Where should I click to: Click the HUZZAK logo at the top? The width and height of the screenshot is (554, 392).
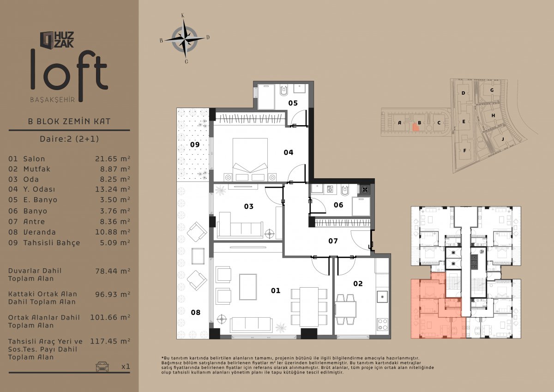pos(57,40)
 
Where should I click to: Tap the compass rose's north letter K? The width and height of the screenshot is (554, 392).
pos(183,16)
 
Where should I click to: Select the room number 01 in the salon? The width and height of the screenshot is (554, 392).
pos(276,290)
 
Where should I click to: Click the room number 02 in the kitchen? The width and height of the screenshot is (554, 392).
pos(358,283)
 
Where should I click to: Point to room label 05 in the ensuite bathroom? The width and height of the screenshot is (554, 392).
pos(293,103)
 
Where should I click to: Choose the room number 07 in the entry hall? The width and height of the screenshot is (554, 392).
pos(333,241)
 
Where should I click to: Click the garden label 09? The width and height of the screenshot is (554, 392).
pos(195,145)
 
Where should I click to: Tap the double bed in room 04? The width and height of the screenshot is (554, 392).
pos(250,159)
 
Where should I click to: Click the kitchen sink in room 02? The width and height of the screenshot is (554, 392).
pos(382,296)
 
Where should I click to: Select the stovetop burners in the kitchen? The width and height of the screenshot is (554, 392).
pos(382,324)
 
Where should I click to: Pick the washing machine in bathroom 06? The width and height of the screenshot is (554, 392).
pos(330,189)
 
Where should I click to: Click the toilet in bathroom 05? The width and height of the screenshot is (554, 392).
pos(283,90)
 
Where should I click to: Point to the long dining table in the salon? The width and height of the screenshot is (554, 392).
pos(309,307)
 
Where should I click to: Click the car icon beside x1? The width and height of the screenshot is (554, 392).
pos(102,366)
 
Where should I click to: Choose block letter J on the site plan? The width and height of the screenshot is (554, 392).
pos(503,139)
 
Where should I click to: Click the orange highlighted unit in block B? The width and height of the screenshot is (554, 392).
pos(415,127)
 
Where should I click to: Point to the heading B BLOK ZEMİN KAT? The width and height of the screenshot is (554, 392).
pos(69,121)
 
